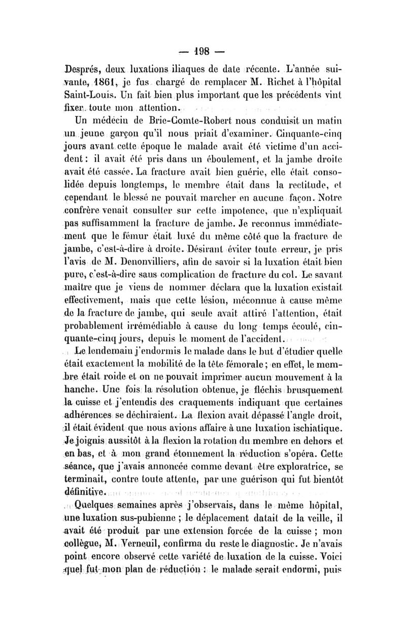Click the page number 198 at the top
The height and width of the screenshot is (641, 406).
pyautogui.click(x=206, y=52)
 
